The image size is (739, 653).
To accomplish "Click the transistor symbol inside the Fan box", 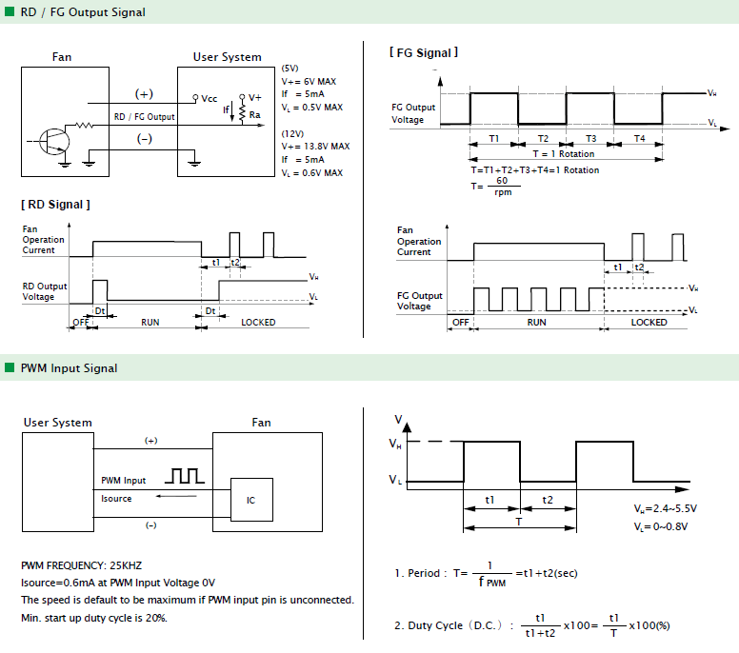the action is [x=54, y=141].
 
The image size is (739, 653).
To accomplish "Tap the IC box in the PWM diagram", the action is [x=251, y=500].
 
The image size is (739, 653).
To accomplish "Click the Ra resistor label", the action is [x=255, y=115].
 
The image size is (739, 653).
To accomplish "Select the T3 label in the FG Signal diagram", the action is [x=591, y=139].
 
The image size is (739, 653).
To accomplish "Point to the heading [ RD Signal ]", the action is [x=55, y=205].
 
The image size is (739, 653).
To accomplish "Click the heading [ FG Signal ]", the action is [x=424, y=52].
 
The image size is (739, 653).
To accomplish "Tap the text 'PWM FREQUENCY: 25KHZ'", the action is [x=82, y=565].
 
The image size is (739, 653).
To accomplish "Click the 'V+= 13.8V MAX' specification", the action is [x=316, y=146].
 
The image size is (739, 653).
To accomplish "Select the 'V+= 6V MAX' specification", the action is [x=309, y=82].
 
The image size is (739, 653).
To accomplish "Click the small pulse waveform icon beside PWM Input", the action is [x=185, y=476].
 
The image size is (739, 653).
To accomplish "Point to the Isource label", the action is [x=116, y=499].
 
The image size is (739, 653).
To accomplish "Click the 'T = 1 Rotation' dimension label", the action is [x=564, y=153].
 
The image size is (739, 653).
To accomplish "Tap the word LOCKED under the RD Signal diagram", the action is [x=258, y=323].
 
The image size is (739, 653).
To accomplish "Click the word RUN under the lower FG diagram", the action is [x=537, y=323].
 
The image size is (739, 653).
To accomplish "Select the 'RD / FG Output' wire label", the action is [x=144, y=117].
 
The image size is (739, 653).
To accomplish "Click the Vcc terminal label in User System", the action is [x=210, y=98].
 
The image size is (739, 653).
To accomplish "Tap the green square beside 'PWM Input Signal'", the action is [x=10, y=367].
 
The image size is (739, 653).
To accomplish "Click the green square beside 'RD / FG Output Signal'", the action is [x=10, y=11].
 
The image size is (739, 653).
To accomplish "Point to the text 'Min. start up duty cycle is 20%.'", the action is [x=94, y=618].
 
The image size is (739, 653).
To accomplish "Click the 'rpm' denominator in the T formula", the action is [x=503, y=192].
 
